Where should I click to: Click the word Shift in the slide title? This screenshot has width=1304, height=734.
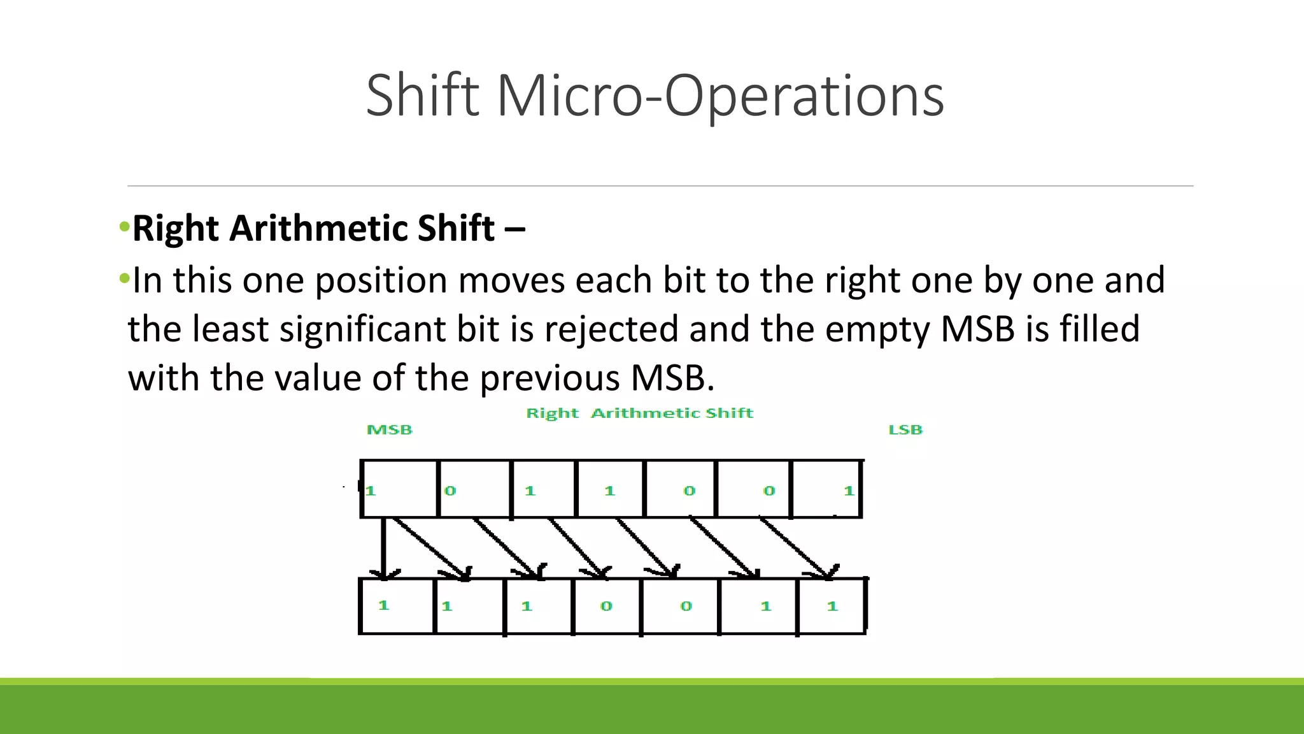tap(422, 96)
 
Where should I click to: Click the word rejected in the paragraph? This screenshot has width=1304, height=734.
tap(611, 329)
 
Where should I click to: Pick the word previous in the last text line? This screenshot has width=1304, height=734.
tap(549, 378)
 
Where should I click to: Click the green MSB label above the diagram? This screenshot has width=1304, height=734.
tap(390, 430)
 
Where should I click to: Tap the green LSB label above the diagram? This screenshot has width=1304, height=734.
tap(905, 430)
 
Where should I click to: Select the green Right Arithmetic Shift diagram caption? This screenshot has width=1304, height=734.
tap(639, 413)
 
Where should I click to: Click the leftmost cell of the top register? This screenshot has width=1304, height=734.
tap(399, 489)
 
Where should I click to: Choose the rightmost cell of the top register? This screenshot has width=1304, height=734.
tap(826, 489)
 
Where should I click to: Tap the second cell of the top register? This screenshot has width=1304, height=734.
tap(474, 489)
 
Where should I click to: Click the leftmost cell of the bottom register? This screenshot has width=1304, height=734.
tap(397, 606)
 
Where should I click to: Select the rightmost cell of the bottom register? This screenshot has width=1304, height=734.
tap(831, 606)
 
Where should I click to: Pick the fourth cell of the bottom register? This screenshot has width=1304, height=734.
tap(606, 606)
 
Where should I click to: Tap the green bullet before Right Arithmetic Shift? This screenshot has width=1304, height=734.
tap(124, 227)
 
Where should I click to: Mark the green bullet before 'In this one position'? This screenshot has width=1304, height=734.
tap(124, 278)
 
